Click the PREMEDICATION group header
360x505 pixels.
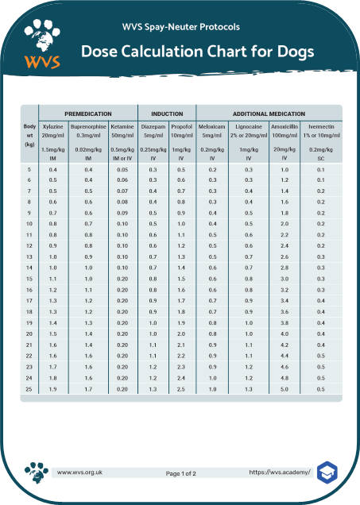click(88, 114)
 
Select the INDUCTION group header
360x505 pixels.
click(166, 114)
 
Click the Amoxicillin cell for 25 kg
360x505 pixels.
click(284, 390)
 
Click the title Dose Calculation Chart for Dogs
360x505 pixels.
click(198, 52)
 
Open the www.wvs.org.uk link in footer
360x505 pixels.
click(79, 472)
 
